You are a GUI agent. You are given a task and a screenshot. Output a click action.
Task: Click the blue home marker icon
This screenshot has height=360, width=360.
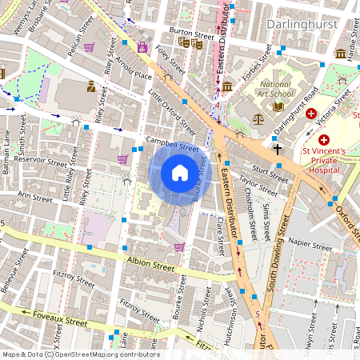180,173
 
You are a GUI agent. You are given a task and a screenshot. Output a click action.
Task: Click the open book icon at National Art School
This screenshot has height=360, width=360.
278,106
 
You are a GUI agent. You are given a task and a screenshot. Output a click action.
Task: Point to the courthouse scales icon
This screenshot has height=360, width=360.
257,118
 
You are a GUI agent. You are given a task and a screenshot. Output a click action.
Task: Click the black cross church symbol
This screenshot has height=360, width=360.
277,149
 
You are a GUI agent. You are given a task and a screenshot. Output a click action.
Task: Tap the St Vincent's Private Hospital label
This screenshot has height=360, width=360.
328,158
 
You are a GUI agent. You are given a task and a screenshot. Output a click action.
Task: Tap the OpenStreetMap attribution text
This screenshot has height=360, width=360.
80,354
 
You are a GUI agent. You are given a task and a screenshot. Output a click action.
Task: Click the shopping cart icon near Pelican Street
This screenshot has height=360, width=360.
89,47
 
